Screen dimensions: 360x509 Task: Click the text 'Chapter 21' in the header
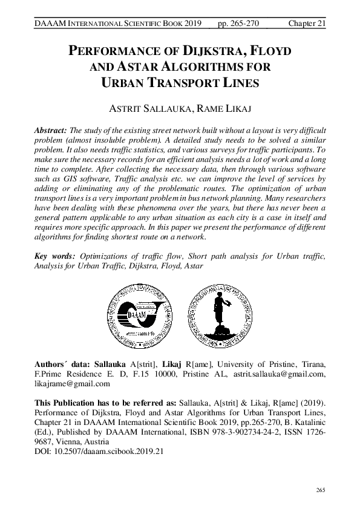pos(307,23)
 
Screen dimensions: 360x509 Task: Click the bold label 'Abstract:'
pos(51,131)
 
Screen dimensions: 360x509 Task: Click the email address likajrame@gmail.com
pos(72,383)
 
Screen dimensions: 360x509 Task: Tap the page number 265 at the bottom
pos(321,488)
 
